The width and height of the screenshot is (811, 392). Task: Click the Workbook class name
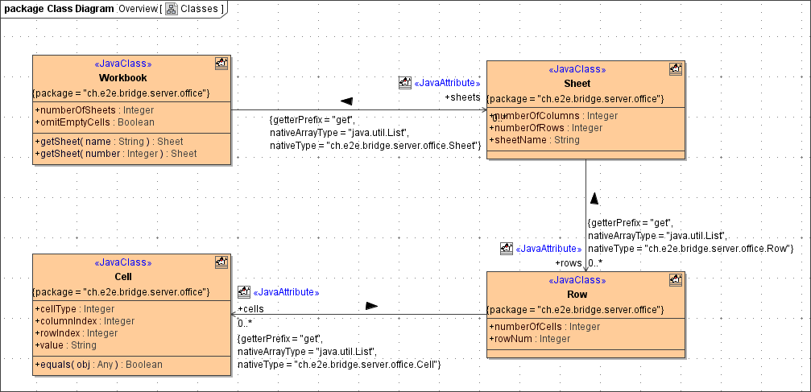coord(122,78)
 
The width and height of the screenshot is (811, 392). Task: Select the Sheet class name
coord(577,83)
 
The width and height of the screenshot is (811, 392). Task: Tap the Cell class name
coord(122,276)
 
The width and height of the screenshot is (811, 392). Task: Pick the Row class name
coord(577,295)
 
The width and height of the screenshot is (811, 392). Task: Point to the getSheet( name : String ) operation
coord(109,141)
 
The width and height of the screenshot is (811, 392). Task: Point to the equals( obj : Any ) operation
coord(98,364)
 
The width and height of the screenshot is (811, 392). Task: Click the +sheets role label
coord(462,97)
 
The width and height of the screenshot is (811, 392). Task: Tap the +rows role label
coord(569,263)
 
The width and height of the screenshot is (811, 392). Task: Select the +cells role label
coord(250,308)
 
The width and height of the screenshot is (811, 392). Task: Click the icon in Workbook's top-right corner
coord(221,63)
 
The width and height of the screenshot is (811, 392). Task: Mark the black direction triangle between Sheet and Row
coord(594,198)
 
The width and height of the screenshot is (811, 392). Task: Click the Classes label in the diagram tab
coord(199,9)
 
